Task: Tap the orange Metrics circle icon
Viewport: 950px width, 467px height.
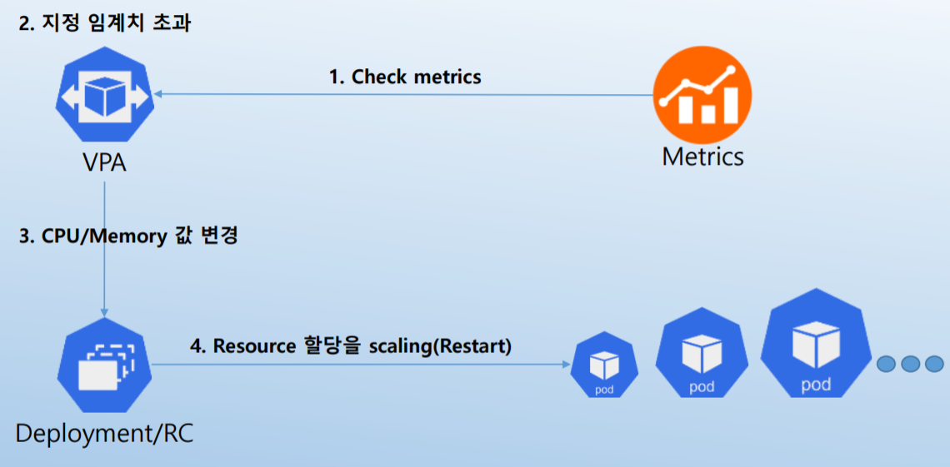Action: click(x=702, y=95)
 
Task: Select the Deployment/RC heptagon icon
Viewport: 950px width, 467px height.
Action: click(x=104, y=366)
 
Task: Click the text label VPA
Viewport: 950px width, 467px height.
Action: click(x=104, y=162)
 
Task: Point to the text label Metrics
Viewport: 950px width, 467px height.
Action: click(x=702, y=157)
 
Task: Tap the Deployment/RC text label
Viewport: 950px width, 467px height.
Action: click(x=105, y=434)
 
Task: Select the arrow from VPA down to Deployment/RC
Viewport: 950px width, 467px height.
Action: click(x=105, y=249)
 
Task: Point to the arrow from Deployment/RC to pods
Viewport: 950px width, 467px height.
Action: click(x=362, y=365)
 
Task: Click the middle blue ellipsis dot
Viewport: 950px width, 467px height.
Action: click(x=911, y=364)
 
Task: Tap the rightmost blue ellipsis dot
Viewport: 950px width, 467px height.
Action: click(x=934, y=364)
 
